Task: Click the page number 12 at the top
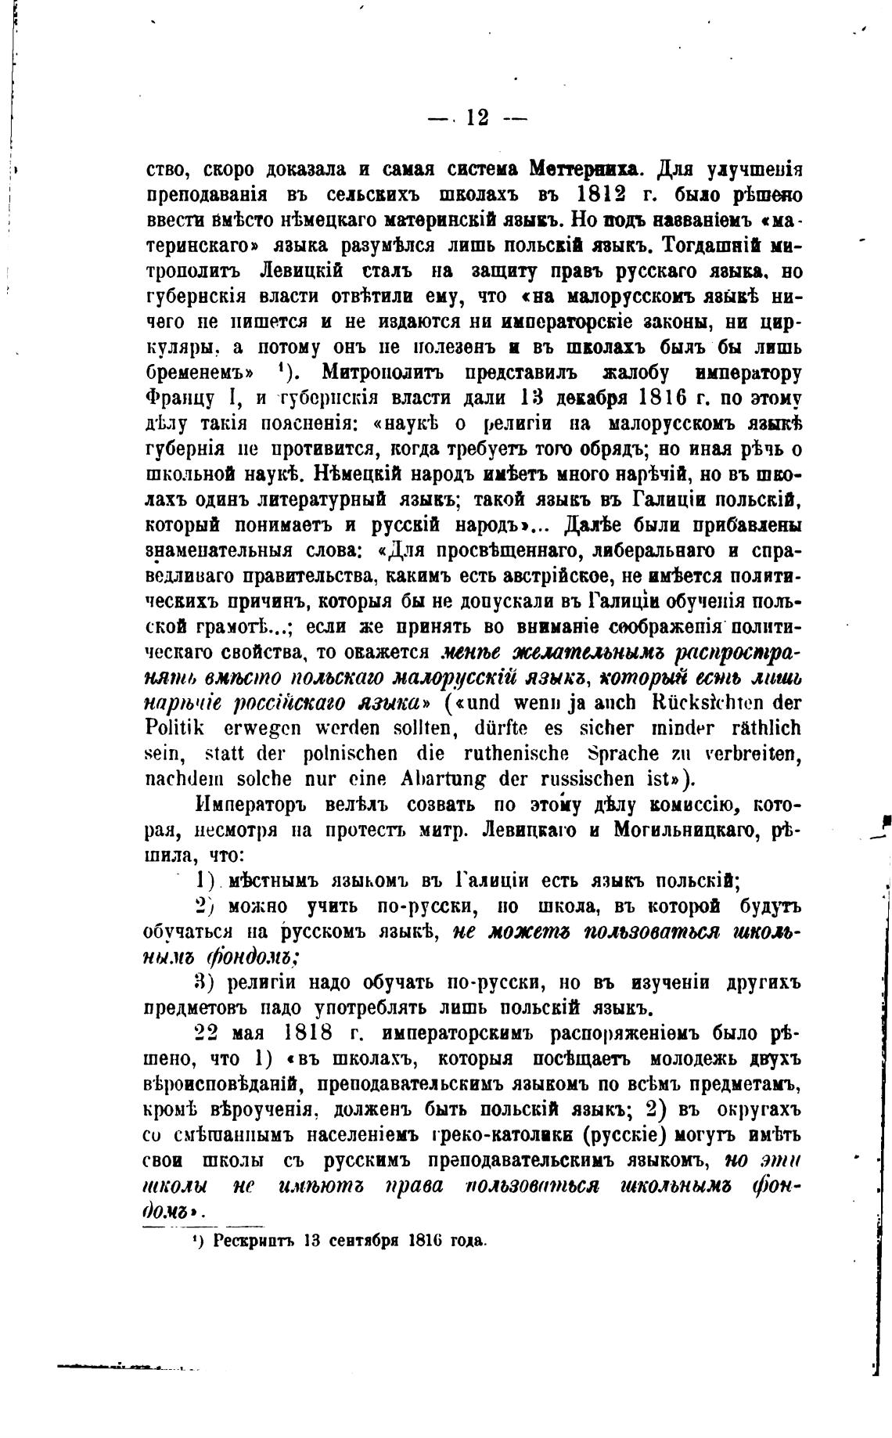click(x=477, y=118)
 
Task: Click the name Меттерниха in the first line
click(x=586, y=169)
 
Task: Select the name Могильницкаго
click(x=685, y=831)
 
